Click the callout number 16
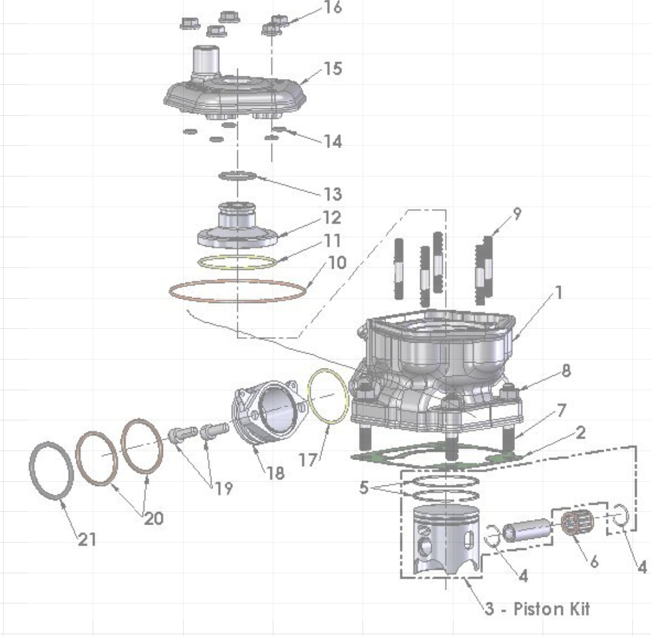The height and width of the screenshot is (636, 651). pos(332,8)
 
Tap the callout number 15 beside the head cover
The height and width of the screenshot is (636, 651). pos(332,69)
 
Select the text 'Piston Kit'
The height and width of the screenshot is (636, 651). pos(551,608)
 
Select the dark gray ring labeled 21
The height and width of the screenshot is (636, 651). pos(52,470)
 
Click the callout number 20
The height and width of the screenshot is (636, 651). pos(153,518)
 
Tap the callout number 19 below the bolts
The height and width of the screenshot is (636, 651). pos(223,488)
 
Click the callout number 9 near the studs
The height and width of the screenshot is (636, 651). pos(517,214)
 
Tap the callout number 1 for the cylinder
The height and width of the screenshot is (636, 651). pos(558,293)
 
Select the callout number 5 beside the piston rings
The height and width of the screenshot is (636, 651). pos(364,488)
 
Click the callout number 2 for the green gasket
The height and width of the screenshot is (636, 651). pos(579,433)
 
